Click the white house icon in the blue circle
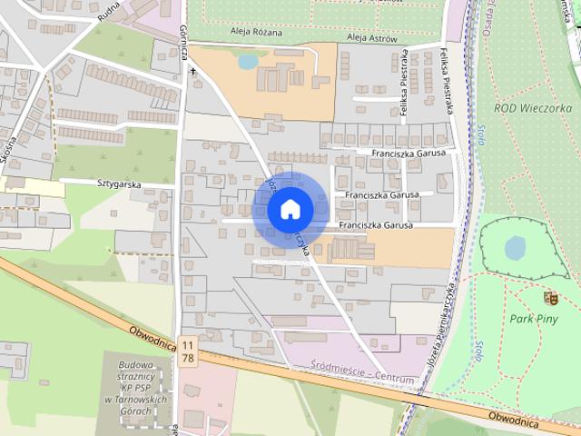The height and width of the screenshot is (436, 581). [290, 209]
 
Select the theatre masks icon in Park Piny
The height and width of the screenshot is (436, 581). [548, 297]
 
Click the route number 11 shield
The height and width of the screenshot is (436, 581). [187, 344]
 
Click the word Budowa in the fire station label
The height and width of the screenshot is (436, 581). [133, 365]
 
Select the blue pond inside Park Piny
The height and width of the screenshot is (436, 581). [515, 247]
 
